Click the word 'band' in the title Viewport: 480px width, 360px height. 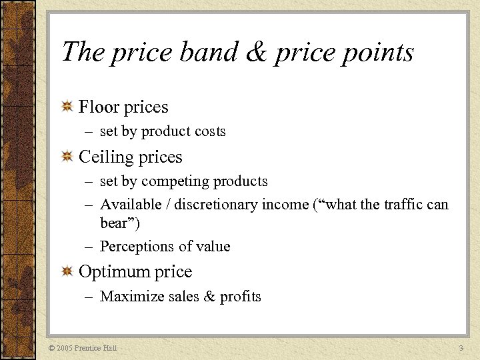pyautogui.click(x=200, y=52)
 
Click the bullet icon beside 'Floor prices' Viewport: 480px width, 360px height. pyautogui.click(x=67, y=107)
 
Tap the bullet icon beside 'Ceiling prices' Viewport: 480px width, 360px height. pyautogui.click(x=67, y=157)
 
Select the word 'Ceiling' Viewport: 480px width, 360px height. pyautogui.click(x=107, y=157)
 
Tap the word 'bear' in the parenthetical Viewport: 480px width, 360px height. pyautogui.click(x=113, y=222)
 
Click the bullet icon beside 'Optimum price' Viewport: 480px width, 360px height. pyautogui.click(x=67, y=272)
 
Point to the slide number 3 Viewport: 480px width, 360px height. pyautogui.click(x=461, y=348)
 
